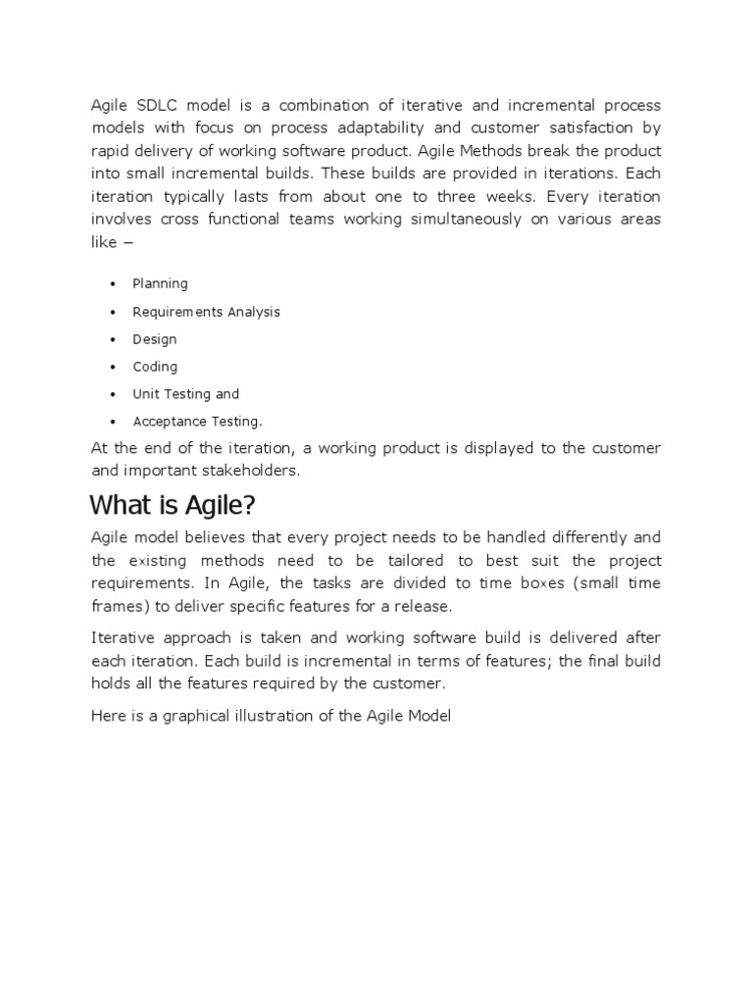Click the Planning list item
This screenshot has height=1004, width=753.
pos(160,283)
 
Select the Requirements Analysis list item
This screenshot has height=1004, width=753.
pos(206,312)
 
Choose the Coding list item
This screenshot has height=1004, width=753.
pos(155,367)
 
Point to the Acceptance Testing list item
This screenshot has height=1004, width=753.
pos(197,422)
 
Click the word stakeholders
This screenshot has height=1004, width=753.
pos(250,470)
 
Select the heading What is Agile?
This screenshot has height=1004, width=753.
pos(173,505)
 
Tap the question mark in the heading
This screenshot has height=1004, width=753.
pos(249,505)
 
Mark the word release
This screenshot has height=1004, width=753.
pos(422,606)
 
